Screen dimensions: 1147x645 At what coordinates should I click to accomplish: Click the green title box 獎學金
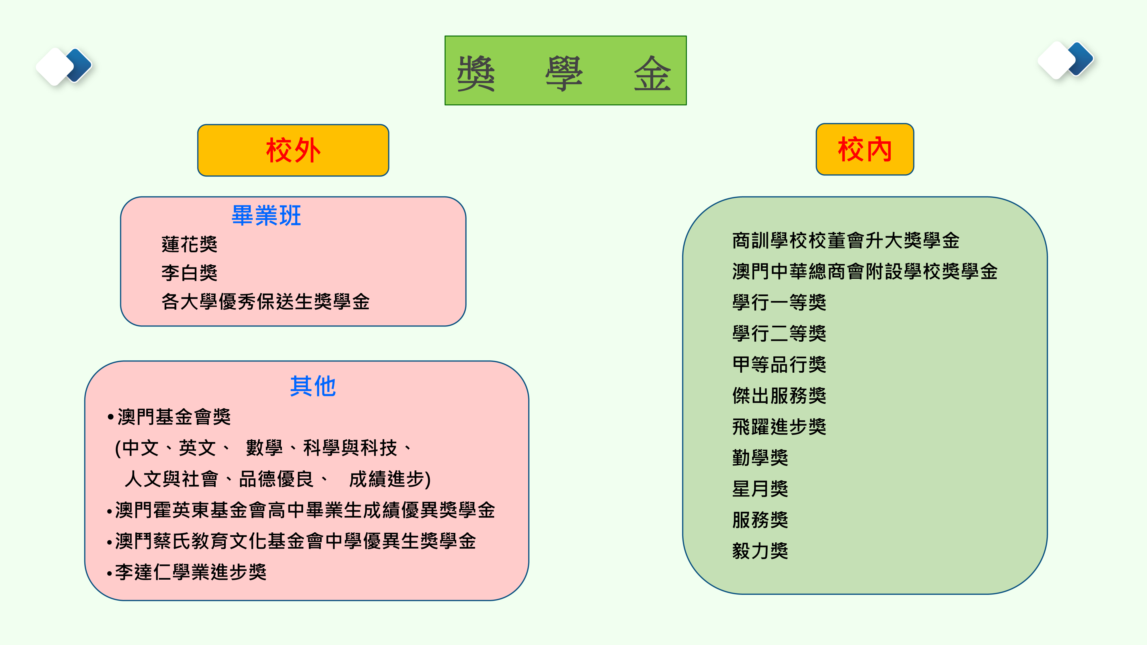pos(565,70)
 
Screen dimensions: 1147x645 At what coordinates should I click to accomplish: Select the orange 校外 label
pos(293,150)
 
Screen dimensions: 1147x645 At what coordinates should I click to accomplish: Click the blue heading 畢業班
pos(266,216)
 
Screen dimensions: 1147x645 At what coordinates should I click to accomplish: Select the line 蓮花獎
pos(189,244)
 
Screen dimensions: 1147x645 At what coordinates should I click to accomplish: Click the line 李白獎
pos(189,273)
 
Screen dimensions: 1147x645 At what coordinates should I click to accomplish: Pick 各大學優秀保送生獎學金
pos(265,302)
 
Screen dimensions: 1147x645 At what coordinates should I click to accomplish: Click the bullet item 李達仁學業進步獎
pos(187,572)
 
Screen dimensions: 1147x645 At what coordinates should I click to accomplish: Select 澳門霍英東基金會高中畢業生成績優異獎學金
pos(301,510)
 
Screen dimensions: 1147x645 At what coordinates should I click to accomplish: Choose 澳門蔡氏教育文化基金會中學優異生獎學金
pos(292,541)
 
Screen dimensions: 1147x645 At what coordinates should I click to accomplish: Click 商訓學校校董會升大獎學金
pos(846,241)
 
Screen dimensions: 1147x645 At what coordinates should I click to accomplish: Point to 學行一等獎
pos(779,303)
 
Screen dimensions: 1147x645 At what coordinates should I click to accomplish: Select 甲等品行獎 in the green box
pos(779,365)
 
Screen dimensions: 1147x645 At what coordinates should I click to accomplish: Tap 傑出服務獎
pos(779,396)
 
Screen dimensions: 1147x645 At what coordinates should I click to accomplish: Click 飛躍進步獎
pos(779,427)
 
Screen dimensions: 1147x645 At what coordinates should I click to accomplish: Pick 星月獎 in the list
pos(760,489)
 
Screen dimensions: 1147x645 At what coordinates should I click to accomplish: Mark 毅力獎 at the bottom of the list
pos(760,551)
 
